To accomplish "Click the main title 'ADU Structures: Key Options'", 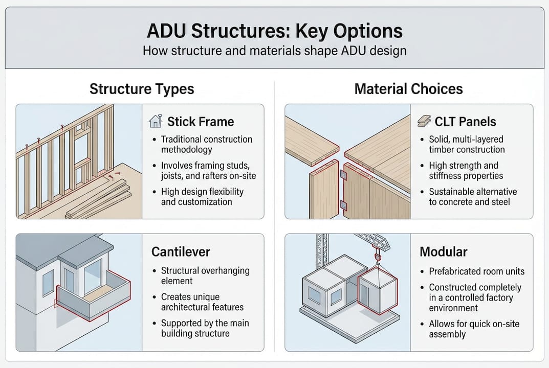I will click(274, 31).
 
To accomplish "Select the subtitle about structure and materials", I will click(274, 51).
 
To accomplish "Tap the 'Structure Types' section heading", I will click(142, 89).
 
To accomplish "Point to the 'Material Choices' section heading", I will click(408, 89).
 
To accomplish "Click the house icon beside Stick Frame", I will click(155, 122).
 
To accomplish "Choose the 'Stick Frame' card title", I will click(200, 122).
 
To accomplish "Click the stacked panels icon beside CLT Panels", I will click(424, 122).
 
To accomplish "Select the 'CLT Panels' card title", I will click(465, 122).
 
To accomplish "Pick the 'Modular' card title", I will click(443, 252).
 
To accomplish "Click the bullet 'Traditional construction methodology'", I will click(206, 144).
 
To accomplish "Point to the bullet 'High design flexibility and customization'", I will click(202, 197).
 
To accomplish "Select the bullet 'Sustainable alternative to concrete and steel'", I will click(473, 197).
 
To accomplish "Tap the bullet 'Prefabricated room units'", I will click(476, 271).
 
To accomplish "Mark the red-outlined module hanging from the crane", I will click(378, 291).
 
